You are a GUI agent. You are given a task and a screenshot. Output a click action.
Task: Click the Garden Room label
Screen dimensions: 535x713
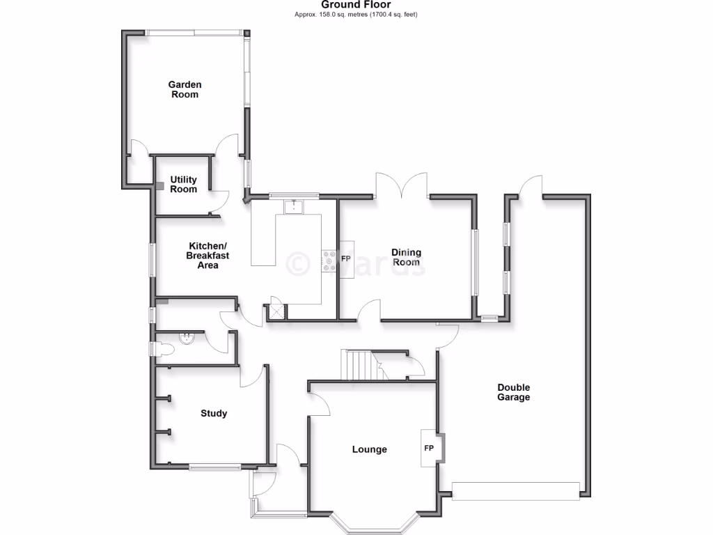185,90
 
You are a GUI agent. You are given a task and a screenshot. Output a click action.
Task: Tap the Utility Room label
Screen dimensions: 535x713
183,185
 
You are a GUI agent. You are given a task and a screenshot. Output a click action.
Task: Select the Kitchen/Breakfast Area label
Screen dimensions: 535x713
207,256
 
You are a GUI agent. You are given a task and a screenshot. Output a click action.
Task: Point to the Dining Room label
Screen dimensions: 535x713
405,258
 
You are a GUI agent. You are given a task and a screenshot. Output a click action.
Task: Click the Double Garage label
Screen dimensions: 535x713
513,393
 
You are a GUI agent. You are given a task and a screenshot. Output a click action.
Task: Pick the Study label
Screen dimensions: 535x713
214,414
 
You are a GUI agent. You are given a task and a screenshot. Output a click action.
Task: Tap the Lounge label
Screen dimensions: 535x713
369,450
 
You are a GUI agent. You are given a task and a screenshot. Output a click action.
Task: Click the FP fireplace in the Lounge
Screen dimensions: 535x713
430,448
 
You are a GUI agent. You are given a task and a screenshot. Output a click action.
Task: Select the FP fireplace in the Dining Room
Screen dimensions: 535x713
346,258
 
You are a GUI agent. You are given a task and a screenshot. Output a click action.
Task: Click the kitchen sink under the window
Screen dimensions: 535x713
295,206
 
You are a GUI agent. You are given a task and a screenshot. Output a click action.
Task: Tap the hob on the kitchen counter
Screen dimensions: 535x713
329,260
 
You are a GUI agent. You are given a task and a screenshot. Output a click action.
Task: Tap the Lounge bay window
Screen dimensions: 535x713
373,524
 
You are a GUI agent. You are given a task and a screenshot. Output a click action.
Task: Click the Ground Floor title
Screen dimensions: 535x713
356,5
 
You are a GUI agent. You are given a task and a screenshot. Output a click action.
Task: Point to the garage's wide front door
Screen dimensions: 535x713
515,490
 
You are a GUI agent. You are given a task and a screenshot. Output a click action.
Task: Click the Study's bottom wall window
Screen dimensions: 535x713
214,467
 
